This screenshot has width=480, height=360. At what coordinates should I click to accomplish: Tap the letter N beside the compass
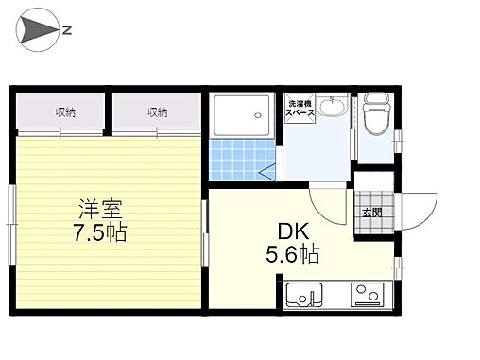click(67, 30)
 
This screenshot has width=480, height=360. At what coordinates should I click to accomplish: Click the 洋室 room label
click(100, 209)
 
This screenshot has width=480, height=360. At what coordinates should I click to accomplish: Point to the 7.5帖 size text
click(100, 232)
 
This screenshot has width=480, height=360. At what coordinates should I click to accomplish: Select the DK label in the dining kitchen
click(293, 231)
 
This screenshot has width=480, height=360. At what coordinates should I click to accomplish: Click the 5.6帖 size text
click(293, 254)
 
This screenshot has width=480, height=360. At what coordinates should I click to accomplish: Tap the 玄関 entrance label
click(372, 213)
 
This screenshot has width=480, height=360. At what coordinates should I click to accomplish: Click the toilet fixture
click(377, 114)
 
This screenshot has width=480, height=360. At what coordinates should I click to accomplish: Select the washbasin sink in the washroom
click(332, 105)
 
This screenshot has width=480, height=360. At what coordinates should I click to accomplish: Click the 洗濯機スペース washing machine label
click(300, 108)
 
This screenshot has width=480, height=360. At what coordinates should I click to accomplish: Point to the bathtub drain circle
click(258, 115)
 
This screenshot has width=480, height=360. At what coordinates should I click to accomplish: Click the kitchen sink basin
click(304, 295)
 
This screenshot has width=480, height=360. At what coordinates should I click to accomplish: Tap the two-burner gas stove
click(368, 294)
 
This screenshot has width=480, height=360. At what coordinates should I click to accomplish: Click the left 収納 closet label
click(65, 112)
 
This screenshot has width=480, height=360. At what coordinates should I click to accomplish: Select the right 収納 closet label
click(158, 112)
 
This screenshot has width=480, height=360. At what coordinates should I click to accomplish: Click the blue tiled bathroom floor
click(242, 160)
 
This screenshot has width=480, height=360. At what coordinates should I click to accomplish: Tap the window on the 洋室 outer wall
click(12, 224)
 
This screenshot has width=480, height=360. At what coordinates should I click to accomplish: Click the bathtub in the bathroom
click(242, 115)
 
